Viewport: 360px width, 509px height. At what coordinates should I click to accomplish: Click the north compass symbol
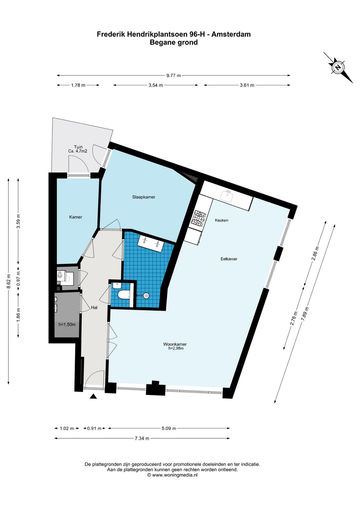pos(338,67)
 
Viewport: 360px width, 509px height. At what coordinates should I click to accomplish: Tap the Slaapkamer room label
pos(144,197)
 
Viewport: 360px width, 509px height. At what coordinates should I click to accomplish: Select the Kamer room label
pos(76,217)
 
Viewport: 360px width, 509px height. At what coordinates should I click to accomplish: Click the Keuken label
pos(222,220)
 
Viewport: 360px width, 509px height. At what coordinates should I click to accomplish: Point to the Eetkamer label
pos(229,259)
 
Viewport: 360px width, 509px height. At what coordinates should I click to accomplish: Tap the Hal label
pos(94,308)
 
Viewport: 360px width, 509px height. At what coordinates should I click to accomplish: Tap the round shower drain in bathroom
pos(146,296)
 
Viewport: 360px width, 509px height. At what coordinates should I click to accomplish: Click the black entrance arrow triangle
pos(93,397)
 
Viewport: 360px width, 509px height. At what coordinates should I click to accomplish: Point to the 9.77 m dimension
pos(174,75)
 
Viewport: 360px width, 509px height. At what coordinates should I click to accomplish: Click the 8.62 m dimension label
pos(9,281)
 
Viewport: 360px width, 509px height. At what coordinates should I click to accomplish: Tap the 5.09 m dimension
pos(169,428)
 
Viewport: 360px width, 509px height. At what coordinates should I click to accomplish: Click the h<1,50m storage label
pos(67,325)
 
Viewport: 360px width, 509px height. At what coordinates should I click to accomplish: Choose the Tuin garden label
pos(78,147)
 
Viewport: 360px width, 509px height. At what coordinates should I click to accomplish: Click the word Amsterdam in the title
pos(232,34)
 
